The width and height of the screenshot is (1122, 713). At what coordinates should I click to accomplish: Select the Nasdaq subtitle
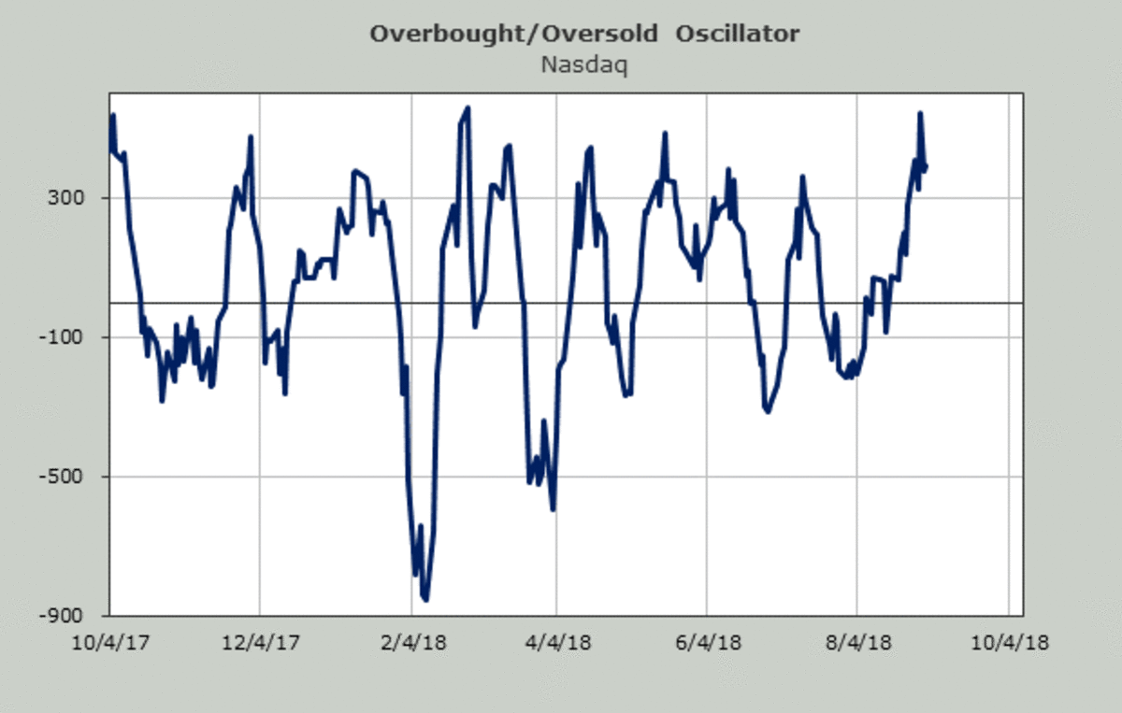(x=584, y=65)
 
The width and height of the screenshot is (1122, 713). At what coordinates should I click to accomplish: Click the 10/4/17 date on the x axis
(x=110, y=644)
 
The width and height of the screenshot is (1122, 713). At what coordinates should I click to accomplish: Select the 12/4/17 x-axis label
(x=259, y=644)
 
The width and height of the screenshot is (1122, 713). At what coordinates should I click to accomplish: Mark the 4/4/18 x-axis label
(x=556, y=644)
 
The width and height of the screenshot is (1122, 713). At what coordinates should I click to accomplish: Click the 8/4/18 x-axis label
(x=857, y=644)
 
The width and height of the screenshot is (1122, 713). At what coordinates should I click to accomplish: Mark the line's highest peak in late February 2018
(x=467, y=107)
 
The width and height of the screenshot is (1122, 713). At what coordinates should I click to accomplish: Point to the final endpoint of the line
(x=926, y=166)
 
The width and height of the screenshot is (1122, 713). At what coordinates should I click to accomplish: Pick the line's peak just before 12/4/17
(x=251, y=136)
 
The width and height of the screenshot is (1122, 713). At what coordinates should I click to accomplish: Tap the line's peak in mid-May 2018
(x=665, y=133)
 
